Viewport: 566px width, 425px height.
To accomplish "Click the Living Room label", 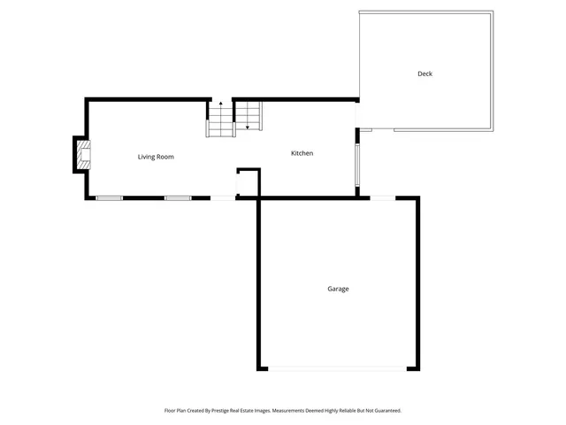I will [156, 157].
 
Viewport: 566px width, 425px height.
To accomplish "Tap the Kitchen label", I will [302, 153].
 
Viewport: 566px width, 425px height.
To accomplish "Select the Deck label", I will [424, 73].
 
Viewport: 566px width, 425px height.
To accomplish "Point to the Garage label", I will [338, 289].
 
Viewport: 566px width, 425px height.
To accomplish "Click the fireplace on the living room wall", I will [82, 156].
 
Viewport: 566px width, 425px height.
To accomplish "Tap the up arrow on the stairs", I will [221, 105].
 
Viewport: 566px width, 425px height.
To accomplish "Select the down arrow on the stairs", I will [248, 126].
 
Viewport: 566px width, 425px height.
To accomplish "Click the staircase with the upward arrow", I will [220, 120].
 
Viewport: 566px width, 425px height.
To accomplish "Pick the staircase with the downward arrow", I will [249, 115].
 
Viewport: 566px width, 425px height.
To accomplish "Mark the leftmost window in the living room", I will [109, 197].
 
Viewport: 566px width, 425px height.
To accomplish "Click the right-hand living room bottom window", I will [178, 197].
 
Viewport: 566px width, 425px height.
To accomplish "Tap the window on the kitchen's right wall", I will [356, 166].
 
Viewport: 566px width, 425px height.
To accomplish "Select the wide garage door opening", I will [338, 368].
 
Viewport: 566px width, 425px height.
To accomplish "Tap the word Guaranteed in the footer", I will [382, 411].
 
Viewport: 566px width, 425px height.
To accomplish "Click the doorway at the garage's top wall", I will [382, 197].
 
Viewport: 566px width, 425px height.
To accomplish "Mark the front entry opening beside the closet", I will [223, 197].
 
